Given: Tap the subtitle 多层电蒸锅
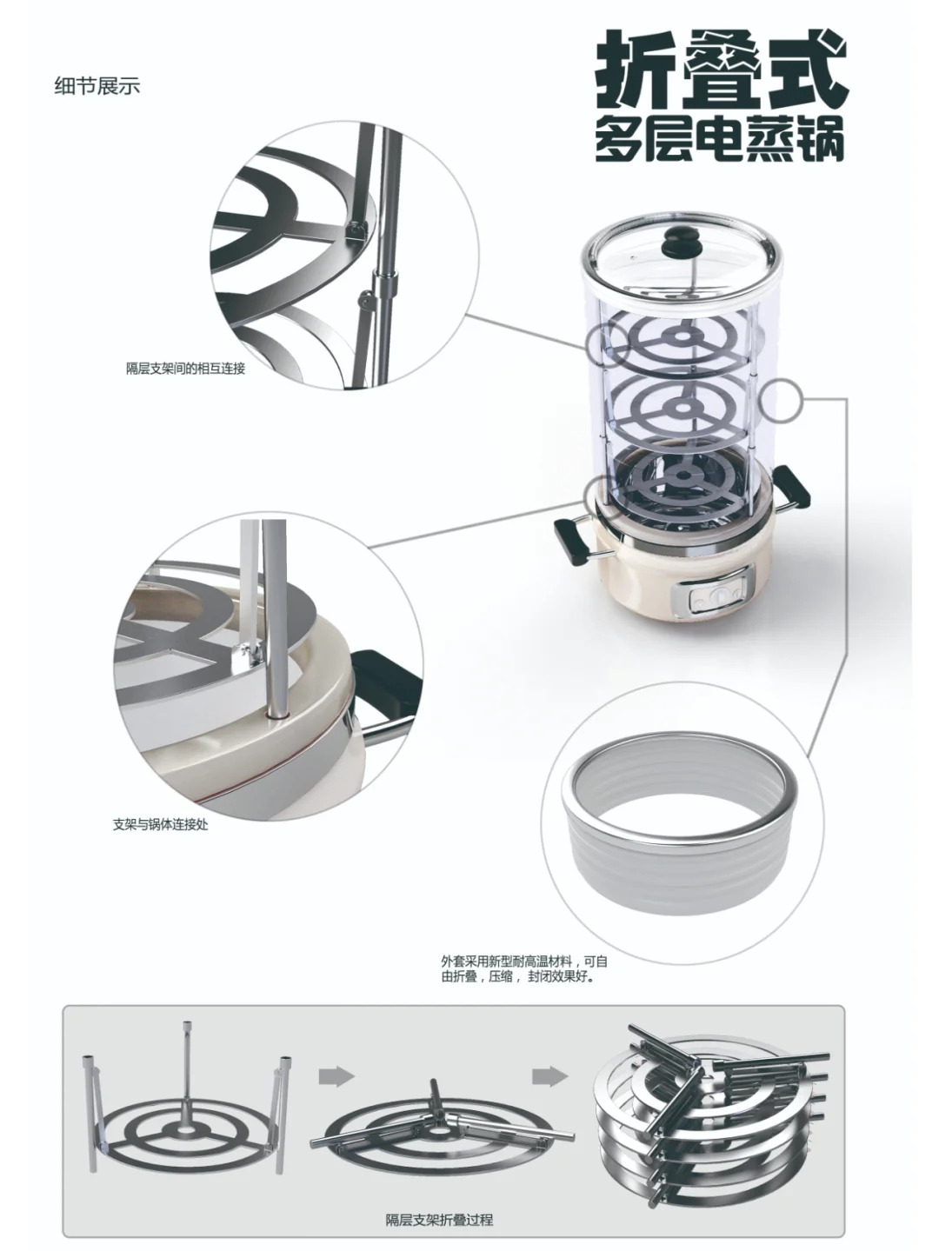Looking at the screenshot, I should click(x=720, y=138).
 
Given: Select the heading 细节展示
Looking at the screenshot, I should click(x=97, y=86).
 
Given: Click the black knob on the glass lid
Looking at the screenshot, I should click(x=677, y=242).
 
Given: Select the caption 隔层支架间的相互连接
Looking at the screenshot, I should click(x=185, y=369).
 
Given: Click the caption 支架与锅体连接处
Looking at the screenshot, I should click(x=160, y=823).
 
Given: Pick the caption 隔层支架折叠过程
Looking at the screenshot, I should click(x=439, y=1220).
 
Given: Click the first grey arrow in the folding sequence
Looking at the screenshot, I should click(x=336, y=1075).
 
